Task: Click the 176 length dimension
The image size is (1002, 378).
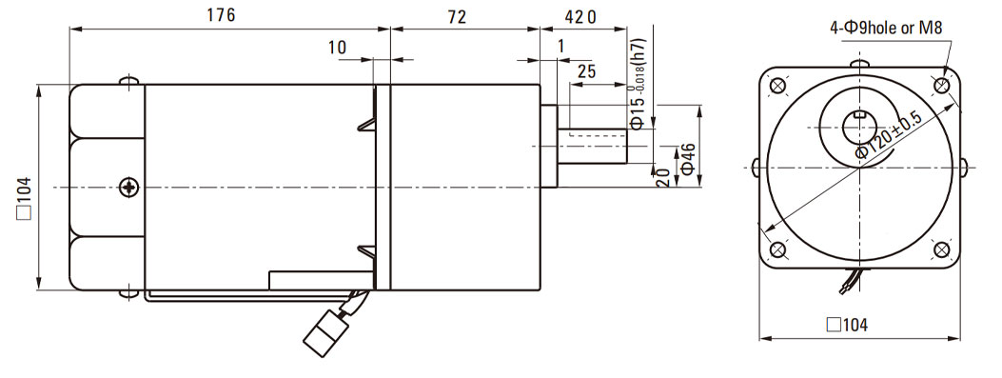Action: [x=221, y=16]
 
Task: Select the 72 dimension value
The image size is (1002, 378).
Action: [x=457, y=16]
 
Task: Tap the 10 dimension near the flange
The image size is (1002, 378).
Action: [x=338, y=48]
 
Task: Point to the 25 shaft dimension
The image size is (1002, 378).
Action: [x=586, y=71]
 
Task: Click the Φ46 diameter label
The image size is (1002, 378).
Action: [x=688, y=159]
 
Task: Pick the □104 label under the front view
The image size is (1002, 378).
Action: [x=847, y=325]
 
